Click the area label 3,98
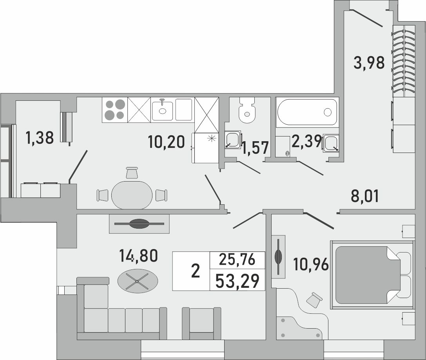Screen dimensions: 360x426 369,62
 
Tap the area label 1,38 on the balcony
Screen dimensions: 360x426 39,138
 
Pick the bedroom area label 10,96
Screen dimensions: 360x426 311,265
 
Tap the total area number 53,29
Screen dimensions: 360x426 237,281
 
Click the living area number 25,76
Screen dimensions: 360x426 237,260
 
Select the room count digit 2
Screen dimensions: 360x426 195,271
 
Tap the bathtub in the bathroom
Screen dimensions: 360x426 307,112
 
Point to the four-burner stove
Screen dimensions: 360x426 114,109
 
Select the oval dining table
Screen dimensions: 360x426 132,195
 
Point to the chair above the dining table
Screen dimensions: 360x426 132,173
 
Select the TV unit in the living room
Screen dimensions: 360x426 139,224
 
